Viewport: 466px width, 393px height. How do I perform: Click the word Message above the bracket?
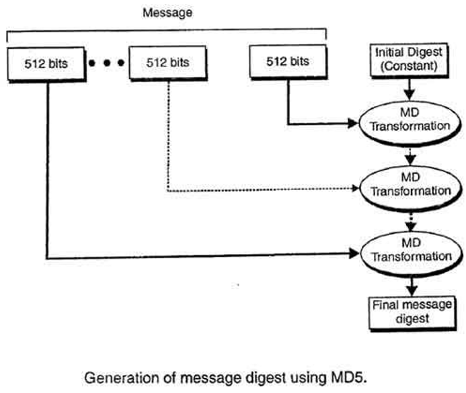[165, 13]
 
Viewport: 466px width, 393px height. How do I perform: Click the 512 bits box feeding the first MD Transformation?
[288, 61]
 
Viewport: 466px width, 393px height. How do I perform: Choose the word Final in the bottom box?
[386, 305]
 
